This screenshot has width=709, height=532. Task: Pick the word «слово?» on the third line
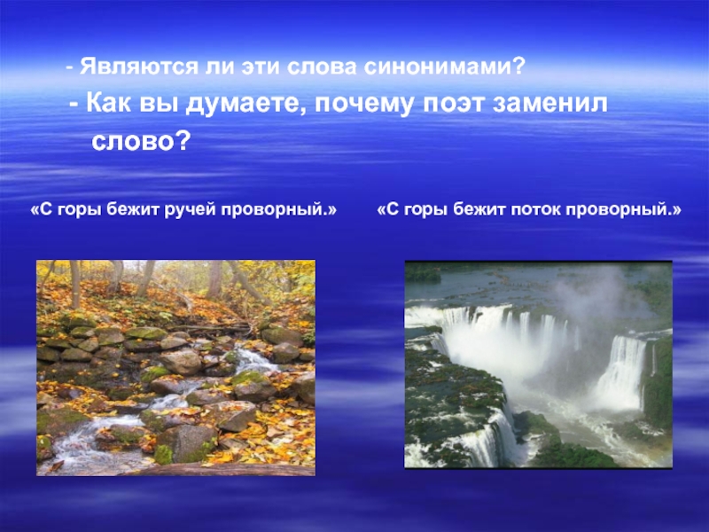[x=142, y=140]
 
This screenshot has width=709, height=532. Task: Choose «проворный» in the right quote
[x=632, y=212]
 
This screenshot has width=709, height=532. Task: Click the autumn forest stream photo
[x=175, y=367]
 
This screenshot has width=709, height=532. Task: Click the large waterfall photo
[x=538, y=364]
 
